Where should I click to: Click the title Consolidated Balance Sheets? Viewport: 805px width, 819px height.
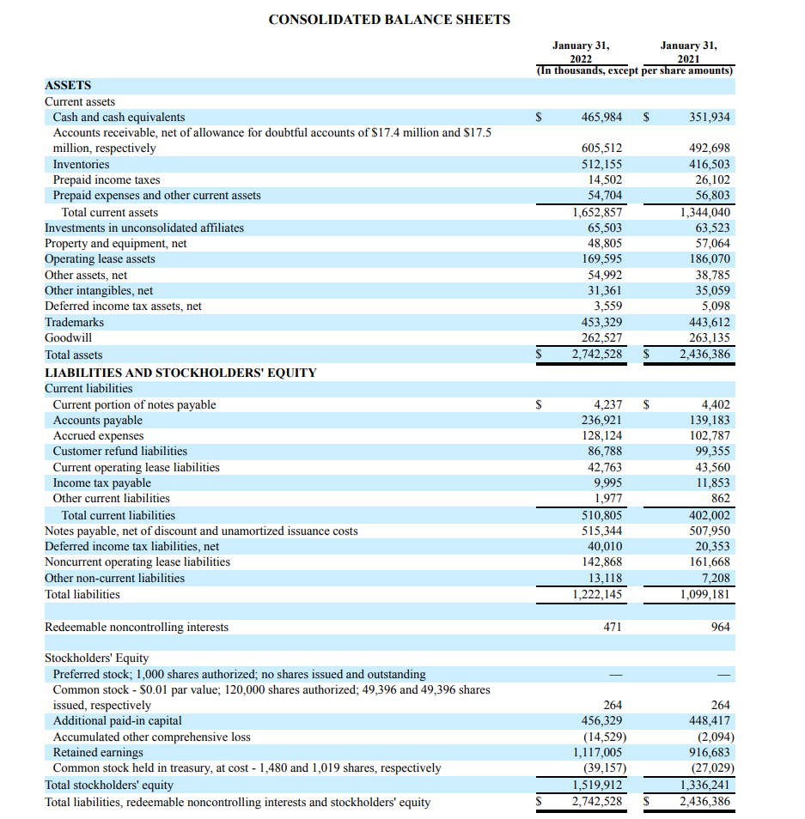[x=388, y=19]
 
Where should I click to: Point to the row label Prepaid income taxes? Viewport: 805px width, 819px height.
[x=107, y=179]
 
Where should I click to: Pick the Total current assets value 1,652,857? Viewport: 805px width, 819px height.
[x=597, y=212]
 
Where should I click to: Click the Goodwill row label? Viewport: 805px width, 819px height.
[x=68, y=337]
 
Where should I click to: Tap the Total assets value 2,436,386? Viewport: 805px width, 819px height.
[x=704, y=354]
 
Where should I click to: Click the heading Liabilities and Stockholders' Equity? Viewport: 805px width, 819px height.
[x=180, y=373]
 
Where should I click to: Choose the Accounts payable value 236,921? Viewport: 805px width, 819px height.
[x=601, y=420]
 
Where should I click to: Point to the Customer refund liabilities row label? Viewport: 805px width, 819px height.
[x=119, y=451]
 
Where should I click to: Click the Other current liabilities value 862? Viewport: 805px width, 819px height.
[x=720, y=498]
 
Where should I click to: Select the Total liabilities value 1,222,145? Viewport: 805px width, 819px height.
[x=597, y=594]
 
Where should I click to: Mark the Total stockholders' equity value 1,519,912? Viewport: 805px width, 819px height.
[x=597, y=784]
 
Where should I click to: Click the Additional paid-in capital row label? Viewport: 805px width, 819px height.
[x=117, y=721]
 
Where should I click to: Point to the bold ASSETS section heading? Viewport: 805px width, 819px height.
[x=68, y=85]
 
